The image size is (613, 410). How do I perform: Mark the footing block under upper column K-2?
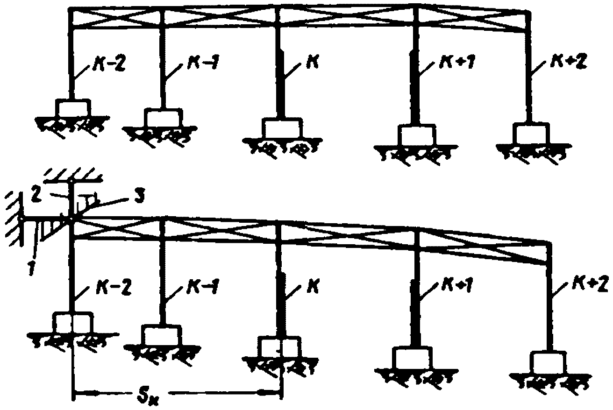73,108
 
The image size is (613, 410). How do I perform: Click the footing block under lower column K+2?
548,362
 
